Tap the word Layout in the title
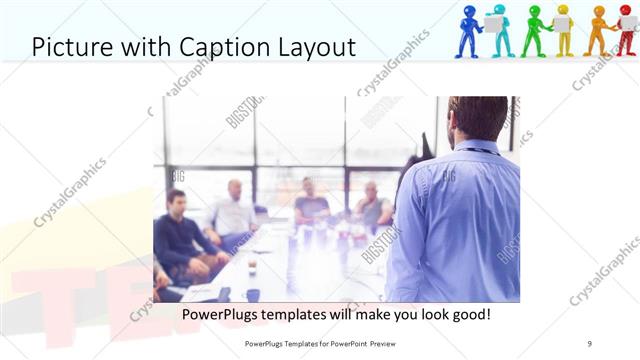click(x=313, y=46)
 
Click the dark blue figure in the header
click(x=468, y=31)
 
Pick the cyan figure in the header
click(x=500, y=31)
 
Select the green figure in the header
click(x=533, y=30)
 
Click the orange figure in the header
click(x=599, y=30)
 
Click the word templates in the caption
click(x=298, y=314)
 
